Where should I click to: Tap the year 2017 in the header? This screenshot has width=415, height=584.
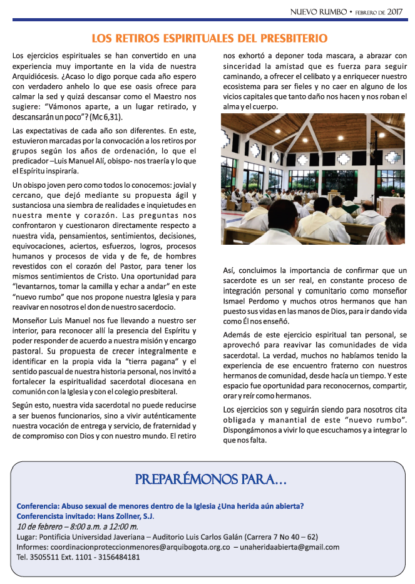point(394,11)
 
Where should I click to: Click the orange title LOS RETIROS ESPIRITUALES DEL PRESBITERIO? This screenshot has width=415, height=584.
point(210,38)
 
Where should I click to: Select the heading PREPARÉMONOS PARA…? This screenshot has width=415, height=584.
point(211,480)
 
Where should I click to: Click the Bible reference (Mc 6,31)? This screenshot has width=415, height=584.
point(105,117)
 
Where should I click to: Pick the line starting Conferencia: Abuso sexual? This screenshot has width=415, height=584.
point(160,506)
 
